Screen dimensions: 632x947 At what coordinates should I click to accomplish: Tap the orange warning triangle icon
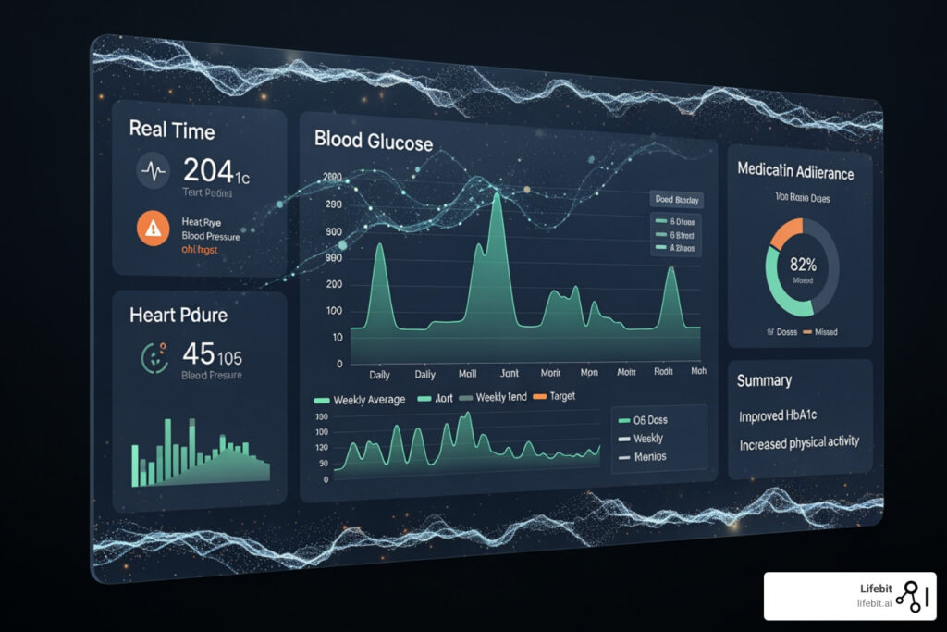coord(152,229)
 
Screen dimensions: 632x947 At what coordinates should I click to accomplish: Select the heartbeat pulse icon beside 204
coord(152,170)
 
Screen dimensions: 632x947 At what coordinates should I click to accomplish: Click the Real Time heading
coord(172,130)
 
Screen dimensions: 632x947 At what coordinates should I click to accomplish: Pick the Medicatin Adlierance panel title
coord(795,171)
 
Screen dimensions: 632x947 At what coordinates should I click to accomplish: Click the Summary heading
coord(764,380)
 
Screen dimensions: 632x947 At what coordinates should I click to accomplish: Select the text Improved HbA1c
coord(785,416)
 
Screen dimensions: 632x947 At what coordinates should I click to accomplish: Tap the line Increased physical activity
coord(799,444)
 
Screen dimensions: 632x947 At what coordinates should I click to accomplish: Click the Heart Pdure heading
coord(178,315)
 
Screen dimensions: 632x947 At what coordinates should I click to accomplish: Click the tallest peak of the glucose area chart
coord(497,196)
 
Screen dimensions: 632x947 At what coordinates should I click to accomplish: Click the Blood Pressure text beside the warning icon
coord(211,236)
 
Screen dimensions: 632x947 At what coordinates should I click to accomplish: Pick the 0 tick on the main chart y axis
coord(339,364)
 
